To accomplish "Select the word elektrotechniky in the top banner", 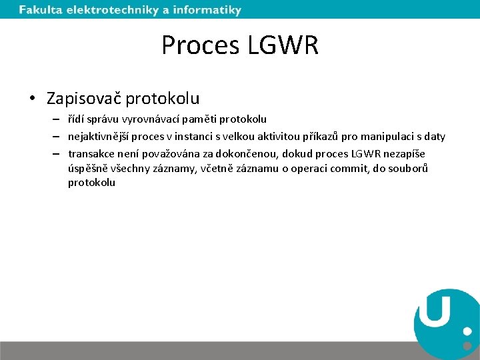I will tap(111, 10).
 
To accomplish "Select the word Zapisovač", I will tap(84, 99).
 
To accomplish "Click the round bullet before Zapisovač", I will tap(32, 99).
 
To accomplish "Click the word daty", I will tap(434, 137).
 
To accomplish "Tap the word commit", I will tap(345, 169).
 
